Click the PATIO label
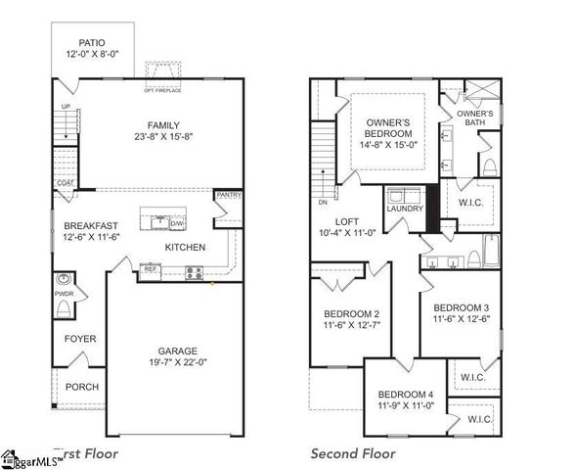click(x=91, y=43)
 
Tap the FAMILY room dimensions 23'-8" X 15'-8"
click(x=163, y=137)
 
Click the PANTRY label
click(x=228, y=195)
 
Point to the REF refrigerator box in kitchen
click(x=150, y=267)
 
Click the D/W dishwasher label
click(x=177, y=223)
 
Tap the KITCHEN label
click(x=184, y=248)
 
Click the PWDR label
click(x=64, y=293)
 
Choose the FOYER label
click(x=80, y=339)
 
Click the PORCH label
click(x=82, y=387)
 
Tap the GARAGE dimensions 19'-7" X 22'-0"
click(x=178, y=364)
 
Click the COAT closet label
click(x=66, y=183)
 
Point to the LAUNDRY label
click(x=404, y=209)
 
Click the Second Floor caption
click(x=353, y=453)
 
